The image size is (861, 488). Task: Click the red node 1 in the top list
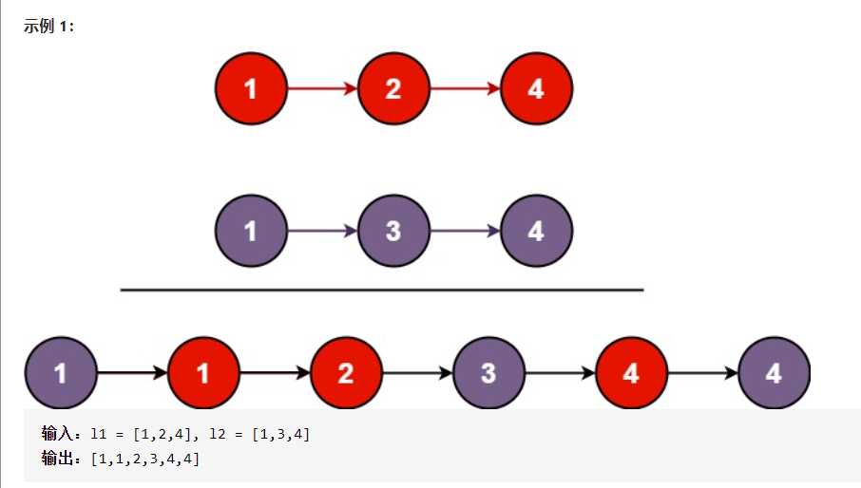point(251,89)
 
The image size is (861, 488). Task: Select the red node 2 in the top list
point(393,89)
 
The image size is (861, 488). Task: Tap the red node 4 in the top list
point(536,89)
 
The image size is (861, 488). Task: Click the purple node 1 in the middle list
point(251,231)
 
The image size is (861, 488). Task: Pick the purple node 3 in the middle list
point(393,231)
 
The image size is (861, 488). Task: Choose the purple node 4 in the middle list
point(536,231)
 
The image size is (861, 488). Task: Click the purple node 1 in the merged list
point(61,373)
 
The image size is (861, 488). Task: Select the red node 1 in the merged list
point(203,373)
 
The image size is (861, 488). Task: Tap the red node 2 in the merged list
point(346,373)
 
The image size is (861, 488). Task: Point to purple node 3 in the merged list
point(488,373)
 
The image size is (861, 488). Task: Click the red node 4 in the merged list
point(631,373)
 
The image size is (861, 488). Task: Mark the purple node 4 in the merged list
point(774,373)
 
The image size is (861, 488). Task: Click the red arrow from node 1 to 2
point(322,89)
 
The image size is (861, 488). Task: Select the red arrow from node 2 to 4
point(465,89)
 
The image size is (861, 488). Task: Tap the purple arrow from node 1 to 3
point(322,231)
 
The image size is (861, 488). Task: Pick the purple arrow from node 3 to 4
point(465,231)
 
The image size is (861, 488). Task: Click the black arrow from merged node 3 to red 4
point(560,373)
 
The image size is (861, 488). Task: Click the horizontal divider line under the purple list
point(382,290)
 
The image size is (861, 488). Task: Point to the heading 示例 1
point(48,26)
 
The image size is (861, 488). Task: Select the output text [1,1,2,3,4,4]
point(144,459)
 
